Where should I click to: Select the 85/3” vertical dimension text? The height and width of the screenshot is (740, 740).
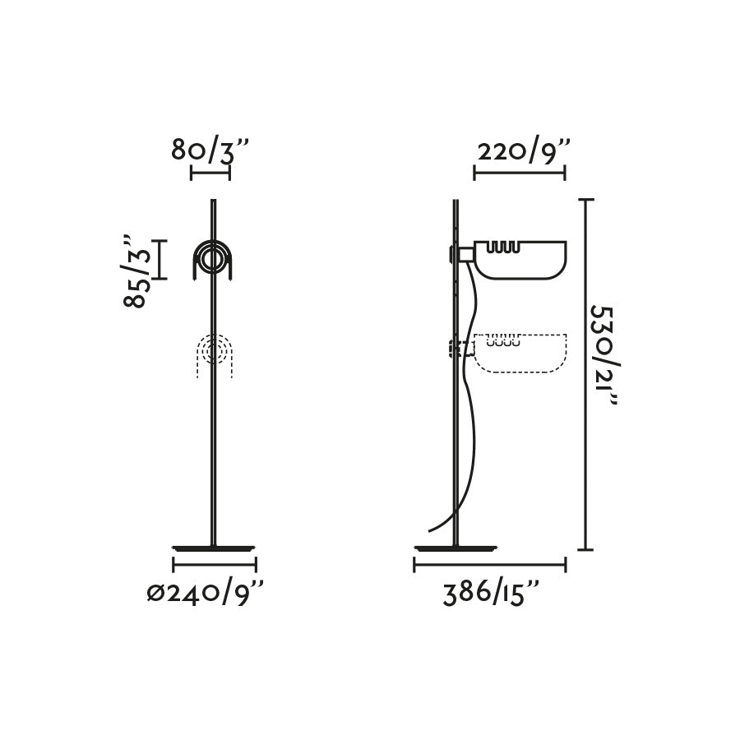point(138,271)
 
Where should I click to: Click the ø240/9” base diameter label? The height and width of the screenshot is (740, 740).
point(206,593)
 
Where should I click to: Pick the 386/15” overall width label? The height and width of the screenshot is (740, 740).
point(492,593)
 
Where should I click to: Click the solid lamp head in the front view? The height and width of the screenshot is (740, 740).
point(214,260)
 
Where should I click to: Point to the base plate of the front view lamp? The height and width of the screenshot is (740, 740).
point(214,547)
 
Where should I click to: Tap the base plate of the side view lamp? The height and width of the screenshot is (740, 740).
point(457,547)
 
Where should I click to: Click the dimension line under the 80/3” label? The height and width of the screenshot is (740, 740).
point(210,173)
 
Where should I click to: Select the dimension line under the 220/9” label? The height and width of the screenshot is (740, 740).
point(520,173)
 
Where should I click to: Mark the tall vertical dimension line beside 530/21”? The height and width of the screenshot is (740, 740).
point(585,374)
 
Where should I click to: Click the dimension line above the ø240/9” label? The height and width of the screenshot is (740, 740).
point(215,565)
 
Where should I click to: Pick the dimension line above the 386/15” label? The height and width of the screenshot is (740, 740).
point(490,565)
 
